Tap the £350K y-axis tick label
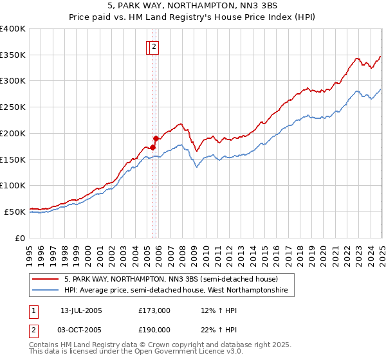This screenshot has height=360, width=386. pos(13,55)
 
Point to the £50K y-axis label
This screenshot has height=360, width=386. pos(15,211)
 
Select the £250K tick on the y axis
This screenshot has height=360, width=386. pos(13,107)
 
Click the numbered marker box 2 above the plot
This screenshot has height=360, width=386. pos(155,46)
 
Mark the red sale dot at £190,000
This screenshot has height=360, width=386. pos(156,138)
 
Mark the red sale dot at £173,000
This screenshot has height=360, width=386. pos(153,147)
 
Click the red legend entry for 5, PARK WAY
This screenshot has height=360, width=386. pos(170,280)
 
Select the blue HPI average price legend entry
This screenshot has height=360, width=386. pos(179,291)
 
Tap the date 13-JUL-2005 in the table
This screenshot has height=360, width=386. pos(81,310)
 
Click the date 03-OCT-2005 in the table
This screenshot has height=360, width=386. pos(81,330)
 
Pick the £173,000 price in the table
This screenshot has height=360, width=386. pos(154,310)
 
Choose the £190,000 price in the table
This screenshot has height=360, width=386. pos(154,330)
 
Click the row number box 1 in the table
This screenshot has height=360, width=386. pos(33,310)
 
